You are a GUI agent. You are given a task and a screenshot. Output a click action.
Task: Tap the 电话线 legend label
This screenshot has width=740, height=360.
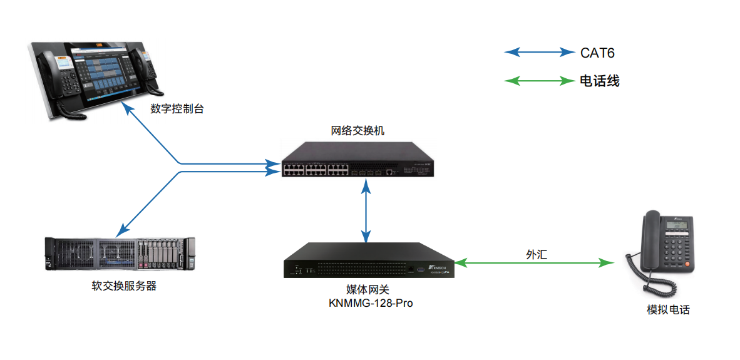pyautogui.click(x=599, y=81)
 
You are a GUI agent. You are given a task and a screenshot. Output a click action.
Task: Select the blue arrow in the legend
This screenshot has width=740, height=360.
pyautogui.click(x=539, y=53)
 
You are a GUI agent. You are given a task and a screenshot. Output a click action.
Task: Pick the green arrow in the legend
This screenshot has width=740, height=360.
pyautogui.click(x=539, y=80)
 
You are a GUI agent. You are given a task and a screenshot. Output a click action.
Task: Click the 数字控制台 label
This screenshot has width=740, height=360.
pyautogui.click(x=177, y=109)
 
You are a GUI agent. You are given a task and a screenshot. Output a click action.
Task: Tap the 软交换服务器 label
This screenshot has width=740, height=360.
pyautogui.click(x=123, y=287)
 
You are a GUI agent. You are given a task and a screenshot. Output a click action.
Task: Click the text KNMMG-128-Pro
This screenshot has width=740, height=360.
pyautogui.click(x=371, y=303)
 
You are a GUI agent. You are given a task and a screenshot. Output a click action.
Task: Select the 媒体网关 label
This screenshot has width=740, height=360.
pyautogui.click(x=371, y=290)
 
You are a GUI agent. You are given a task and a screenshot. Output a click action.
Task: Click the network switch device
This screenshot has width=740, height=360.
pyautogui.click(x=357, y=160)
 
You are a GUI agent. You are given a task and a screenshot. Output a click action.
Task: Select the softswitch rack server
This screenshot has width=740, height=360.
pyautogui.click(x=120, y=254)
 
